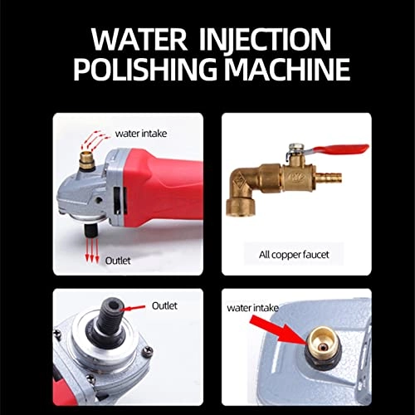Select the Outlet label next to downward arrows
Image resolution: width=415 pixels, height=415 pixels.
pyautogui.click(x=117, y=258)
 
